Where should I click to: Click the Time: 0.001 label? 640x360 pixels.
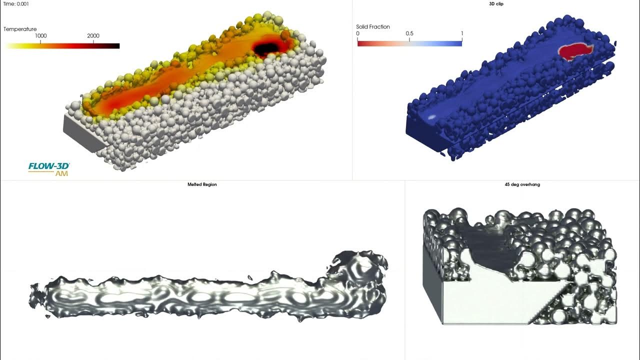click(x=16, y=3)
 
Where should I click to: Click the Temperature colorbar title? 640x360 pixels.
click(x=20, y=29)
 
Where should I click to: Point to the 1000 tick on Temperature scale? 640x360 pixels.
click(x=40, y=36)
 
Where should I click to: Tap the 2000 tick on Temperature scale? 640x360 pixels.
click(x=93, y=36)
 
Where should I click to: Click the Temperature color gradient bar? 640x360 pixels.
click(x=62, y=46)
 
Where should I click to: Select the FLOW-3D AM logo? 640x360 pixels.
click(x=49, y=168)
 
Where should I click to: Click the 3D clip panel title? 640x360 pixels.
click(x=496, y=4)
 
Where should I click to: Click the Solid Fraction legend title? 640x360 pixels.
click(x=373, y=26)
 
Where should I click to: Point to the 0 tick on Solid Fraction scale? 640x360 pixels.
click(x=357, y=33)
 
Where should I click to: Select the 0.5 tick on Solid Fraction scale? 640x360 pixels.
click(x=409, y=33)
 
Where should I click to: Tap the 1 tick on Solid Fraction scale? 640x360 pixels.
click(x=461, y=33)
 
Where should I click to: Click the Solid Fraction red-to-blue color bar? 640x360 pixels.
click(x=409, y=43)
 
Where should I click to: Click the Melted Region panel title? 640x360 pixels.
click(x=202, y=184)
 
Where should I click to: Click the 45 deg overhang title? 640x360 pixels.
click(x=522, y=184)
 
